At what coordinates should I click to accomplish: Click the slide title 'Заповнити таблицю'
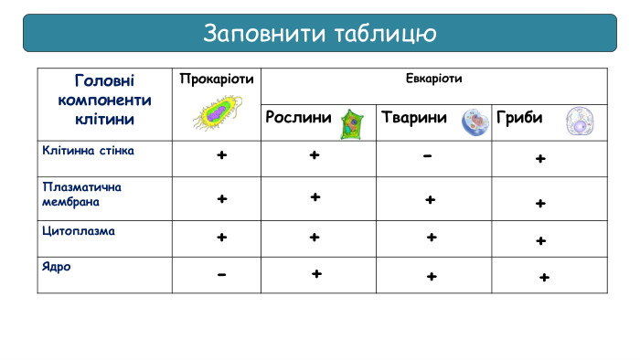point(319,33)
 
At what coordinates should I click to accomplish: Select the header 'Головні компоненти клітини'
point(104,100)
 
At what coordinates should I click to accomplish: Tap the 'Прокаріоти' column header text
point(217,79)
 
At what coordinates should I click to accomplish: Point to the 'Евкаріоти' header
point(433,79)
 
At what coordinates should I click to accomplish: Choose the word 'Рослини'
point(299,119)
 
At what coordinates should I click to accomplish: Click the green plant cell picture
point(351,122)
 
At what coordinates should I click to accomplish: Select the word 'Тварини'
point(414,119)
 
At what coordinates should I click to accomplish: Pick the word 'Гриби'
point(519,119)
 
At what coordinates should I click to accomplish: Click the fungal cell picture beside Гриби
point(580,122)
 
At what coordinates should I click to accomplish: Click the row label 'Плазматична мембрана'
point(82,194)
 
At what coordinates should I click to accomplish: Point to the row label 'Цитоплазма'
point(79,231)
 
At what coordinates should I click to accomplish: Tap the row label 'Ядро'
point(57,268)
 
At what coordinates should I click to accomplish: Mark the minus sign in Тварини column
point(428,156)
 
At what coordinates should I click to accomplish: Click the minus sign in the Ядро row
point(221,275)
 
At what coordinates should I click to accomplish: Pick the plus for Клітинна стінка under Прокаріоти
point(221,156)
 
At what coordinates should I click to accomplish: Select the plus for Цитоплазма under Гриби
point(541,241)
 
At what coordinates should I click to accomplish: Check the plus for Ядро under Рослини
point(316,273)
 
